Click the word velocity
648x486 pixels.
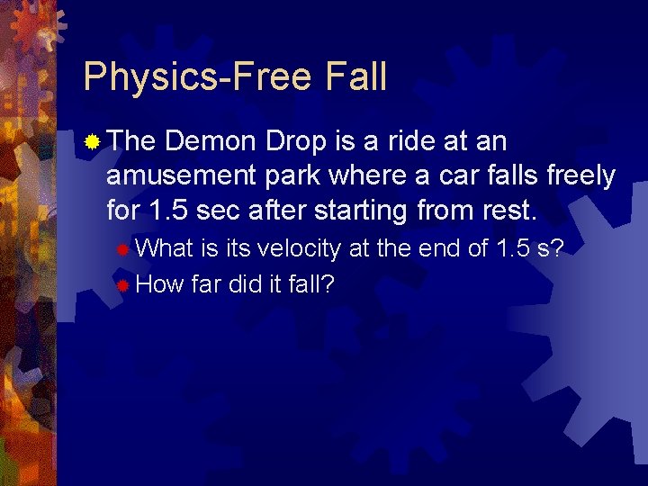point(300,248)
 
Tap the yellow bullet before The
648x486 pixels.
point(92,141)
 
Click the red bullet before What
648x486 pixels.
point(121,248)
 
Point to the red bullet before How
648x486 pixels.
point(121,285)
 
